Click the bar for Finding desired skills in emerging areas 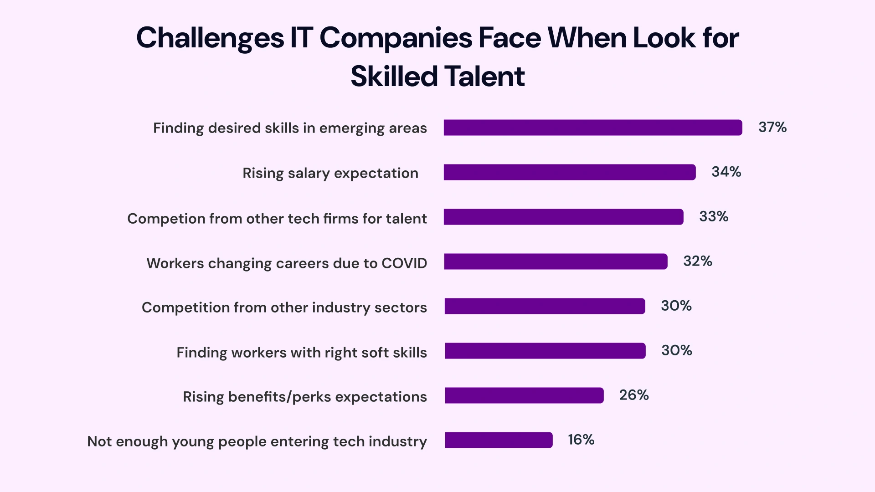[592, 128]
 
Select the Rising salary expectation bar [570, 172]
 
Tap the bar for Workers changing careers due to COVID [556, 261]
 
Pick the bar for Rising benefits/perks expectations [524, 395]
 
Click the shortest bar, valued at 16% [499, 440]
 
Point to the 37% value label [772, 127]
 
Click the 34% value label [726, 172]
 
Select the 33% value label [714, 216]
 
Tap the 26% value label [633, 395]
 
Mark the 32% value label [697, 261]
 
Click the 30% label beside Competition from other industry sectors [676, 306]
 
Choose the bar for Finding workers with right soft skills [545, 351]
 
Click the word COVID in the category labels [404, 263]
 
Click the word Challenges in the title [210, 38]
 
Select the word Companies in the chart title [396, 38]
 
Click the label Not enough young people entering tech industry [257, 441]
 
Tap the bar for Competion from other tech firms [563, 217]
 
